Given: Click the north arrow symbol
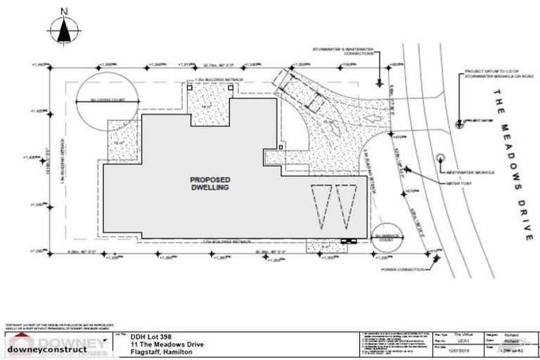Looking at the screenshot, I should click(64, 29).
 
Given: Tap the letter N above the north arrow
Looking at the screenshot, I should click(64, 11).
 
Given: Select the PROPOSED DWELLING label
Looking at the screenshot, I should click(210, 184).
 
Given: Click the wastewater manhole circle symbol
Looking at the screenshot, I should click(441, 157).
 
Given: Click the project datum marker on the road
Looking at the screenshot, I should click(461, 122).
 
